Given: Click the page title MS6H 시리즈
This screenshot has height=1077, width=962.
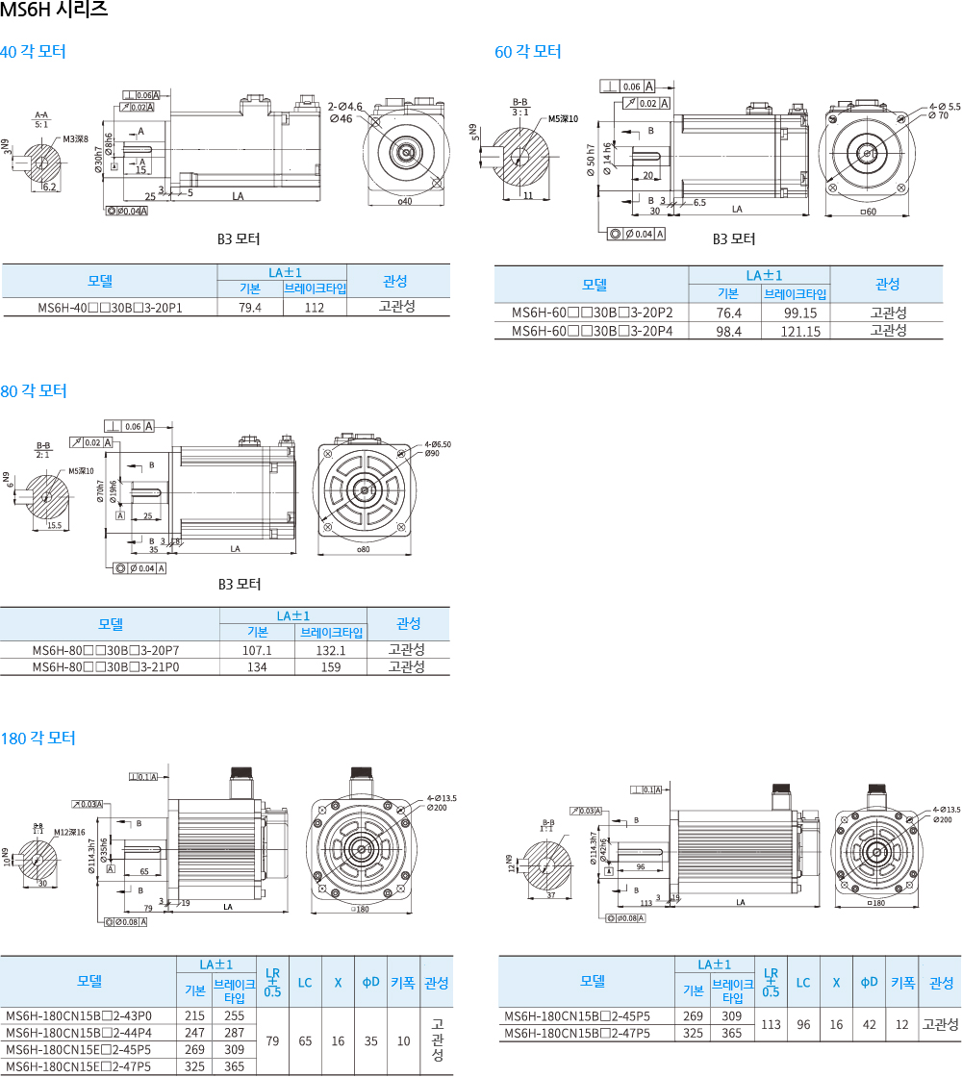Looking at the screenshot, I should coord(54,11).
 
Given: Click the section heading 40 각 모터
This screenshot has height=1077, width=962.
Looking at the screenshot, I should coord(33,52).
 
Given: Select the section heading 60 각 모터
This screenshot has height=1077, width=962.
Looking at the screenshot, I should coord(527,52).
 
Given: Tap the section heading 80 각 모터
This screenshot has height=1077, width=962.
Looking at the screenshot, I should coord(34,391).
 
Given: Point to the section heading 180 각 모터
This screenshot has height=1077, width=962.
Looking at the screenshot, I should coord(38,739).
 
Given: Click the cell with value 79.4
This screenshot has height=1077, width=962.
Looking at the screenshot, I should coord(250,308).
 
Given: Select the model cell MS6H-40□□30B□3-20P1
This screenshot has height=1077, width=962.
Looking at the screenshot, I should coord(110,308).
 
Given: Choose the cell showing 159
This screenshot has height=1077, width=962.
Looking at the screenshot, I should coord(331,666).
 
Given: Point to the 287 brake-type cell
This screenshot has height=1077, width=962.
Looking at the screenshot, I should coord(234,1032).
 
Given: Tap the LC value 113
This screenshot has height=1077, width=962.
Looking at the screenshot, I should coord(770,1024).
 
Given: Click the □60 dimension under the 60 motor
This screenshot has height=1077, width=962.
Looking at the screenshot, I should coord(868,212).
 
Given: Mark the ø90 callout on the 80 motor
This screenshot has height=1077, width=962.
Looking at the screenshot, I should coord(432,453).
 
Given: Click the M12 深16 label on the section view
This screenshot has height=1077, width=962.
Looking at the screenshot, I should coord(69,832).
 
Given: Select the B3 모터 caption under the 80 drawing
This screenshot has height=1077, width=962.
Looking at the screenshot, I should coord(239,584).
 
